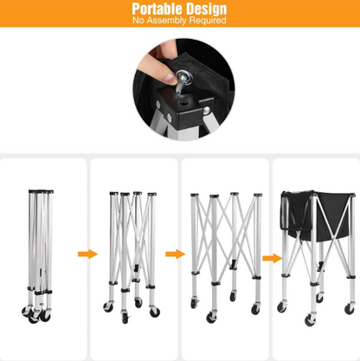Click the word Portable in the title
pos(153,9)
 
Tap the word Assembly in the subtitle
pos(167,21)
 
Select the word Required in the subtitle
pos(208,21)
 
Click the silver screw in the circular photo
pos(183,81)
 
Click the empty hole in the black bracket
pos(183,103)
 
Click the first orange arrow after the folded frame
pos(87,254)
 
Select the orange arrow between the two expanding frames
pos(175,254)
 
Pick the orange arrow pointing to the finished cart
pos(272,258)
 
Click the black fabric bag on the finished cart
pos(318,215)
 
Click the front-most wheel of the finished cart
pos(310,320)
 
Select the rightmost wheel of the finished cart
pos(350,308)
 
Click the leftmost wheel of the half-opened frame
pos(108,306)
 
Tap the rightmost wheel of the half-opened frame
pos(155,312)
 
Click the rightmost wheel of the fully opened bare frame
pos(255,309)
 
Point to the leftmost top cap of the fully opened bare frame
pos(195,195)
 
